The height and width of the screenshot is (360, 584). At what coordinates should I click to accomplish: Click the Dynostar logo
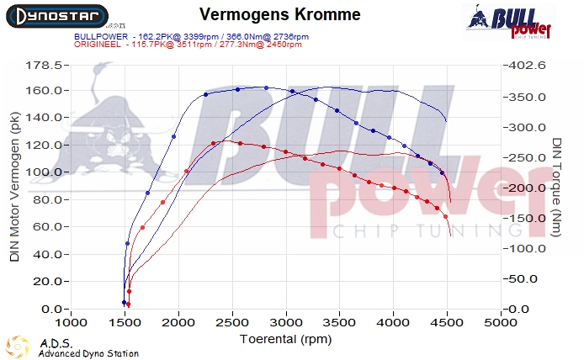[55, 16]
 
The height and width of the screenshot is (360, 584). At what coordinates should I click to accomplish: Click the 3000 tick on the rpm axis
[286, 322]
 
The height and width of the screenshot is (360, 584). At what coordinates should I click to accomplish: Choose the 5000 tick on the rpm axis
[501, 322]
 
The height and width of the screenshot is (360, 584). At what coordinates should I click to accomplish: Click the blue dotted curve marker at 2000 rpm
[174, 136]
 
